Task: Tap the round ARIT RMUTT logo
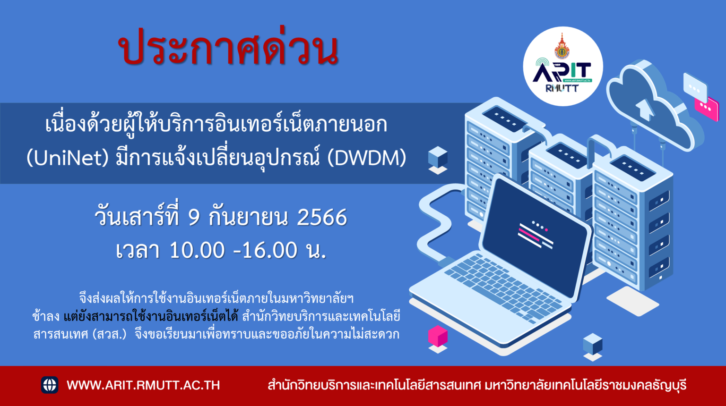(563, 67)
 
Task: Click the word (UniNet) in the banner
(68, 158)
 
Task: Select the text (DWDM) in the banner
(367, 158)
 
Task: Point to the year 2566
(322, 217)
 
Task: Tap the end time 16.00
(269, 250)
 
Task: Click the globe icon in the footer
(50, 385)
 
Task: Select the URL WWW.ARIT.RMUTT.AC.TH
(143, 385)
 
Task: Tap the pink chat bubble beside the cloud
(707, 109)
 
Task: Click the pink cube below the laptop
(438, 336)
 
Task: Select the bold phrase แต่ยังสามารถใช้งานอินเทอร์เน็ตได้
(151, 316)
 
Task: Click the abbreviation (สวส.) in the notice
(109, 334)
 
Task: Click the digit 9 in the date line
(194, 217)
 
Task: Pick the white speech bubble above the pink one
(695, 85)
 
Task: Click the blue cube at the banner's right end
(438, 158)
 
